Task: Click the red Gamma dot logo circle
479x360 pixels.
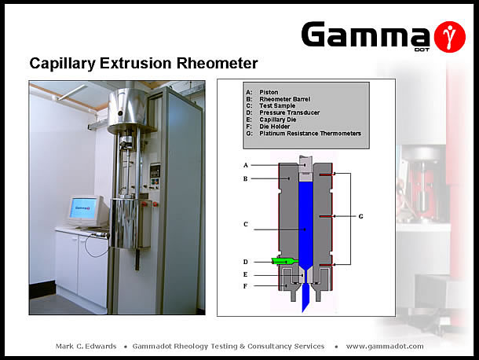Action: [x=449, y=37]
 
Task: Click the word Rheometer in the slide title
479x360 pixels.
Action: [x=218, y=64]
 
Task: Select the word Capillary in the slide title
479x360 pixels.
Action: [x=62, y=64]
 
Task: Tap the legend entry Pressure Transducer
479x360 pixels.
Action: [x=289, y=112]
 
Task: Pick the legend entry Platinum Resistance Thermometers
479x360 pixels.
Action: [x=310, y=134]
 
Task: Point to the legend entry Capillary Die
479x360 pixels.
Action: [x=278, y=119]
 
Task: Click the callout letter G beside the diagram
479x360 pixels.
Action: [x=360, y=217]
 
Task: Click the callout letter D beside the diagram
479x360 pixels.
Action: [x=245, y=262]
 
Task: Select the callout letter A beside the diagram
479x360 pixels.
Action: [x=245, y=165]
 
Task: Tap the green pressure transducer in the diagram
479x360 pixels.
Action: [x=284, y=261]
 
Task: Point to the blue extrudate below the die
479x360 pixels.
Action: [x=305, y=298]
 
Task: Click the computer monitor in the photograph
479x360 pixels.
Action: [x=86, y=211]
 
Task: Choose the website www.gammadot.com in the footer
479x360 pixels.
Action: [x=385, y=346]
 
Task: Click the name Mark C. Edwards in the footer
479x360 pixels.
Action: [x=86, y=346]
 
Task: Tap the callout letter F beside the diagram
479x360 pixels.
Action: [x=245, y=286]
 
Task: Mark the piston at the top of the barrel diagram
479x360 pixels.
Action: [x=305, y=168]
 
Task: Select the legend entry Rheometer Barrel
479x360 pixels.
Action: [x=284, y=99]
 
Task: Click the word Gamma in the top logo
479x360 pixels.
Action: [x=365, y=35]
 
